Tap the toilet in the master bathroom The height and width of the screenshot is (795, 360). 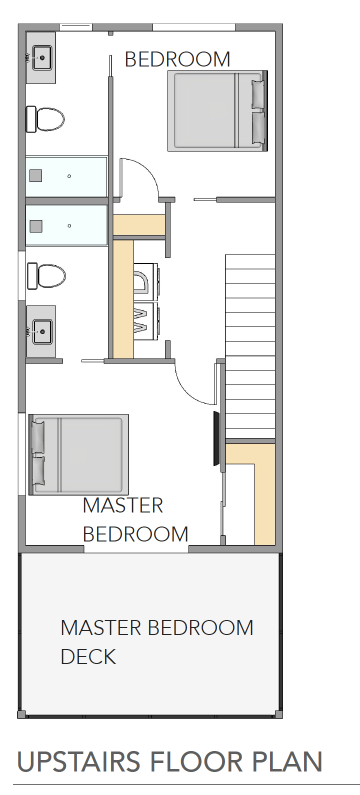[x=46, y=276]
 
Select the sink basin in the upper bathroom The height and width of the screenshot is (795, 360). [x=42, y=57]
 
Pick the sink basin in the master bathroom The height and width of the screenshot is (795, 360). [x=42, y=332]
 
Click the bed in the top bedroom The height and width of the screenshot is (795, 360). [x=217, y=111]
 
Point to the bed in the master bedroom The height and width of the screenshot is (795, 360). [x=78, y=454]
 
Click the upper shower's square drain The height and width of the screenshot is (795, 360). [x=35, y=175]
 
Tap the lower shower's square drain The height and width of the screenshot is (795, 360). [x=36, y=225]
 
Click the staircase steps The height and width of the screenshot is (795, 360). [x=250, y=346]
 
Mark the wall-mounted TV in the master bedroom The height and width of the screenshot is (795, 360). [x=216, y=438]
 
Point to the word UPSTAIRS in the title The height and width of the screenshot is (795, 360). [x=78, y=761]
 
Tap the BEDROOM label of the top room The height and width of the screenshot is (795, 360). [x=177, y=59]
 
